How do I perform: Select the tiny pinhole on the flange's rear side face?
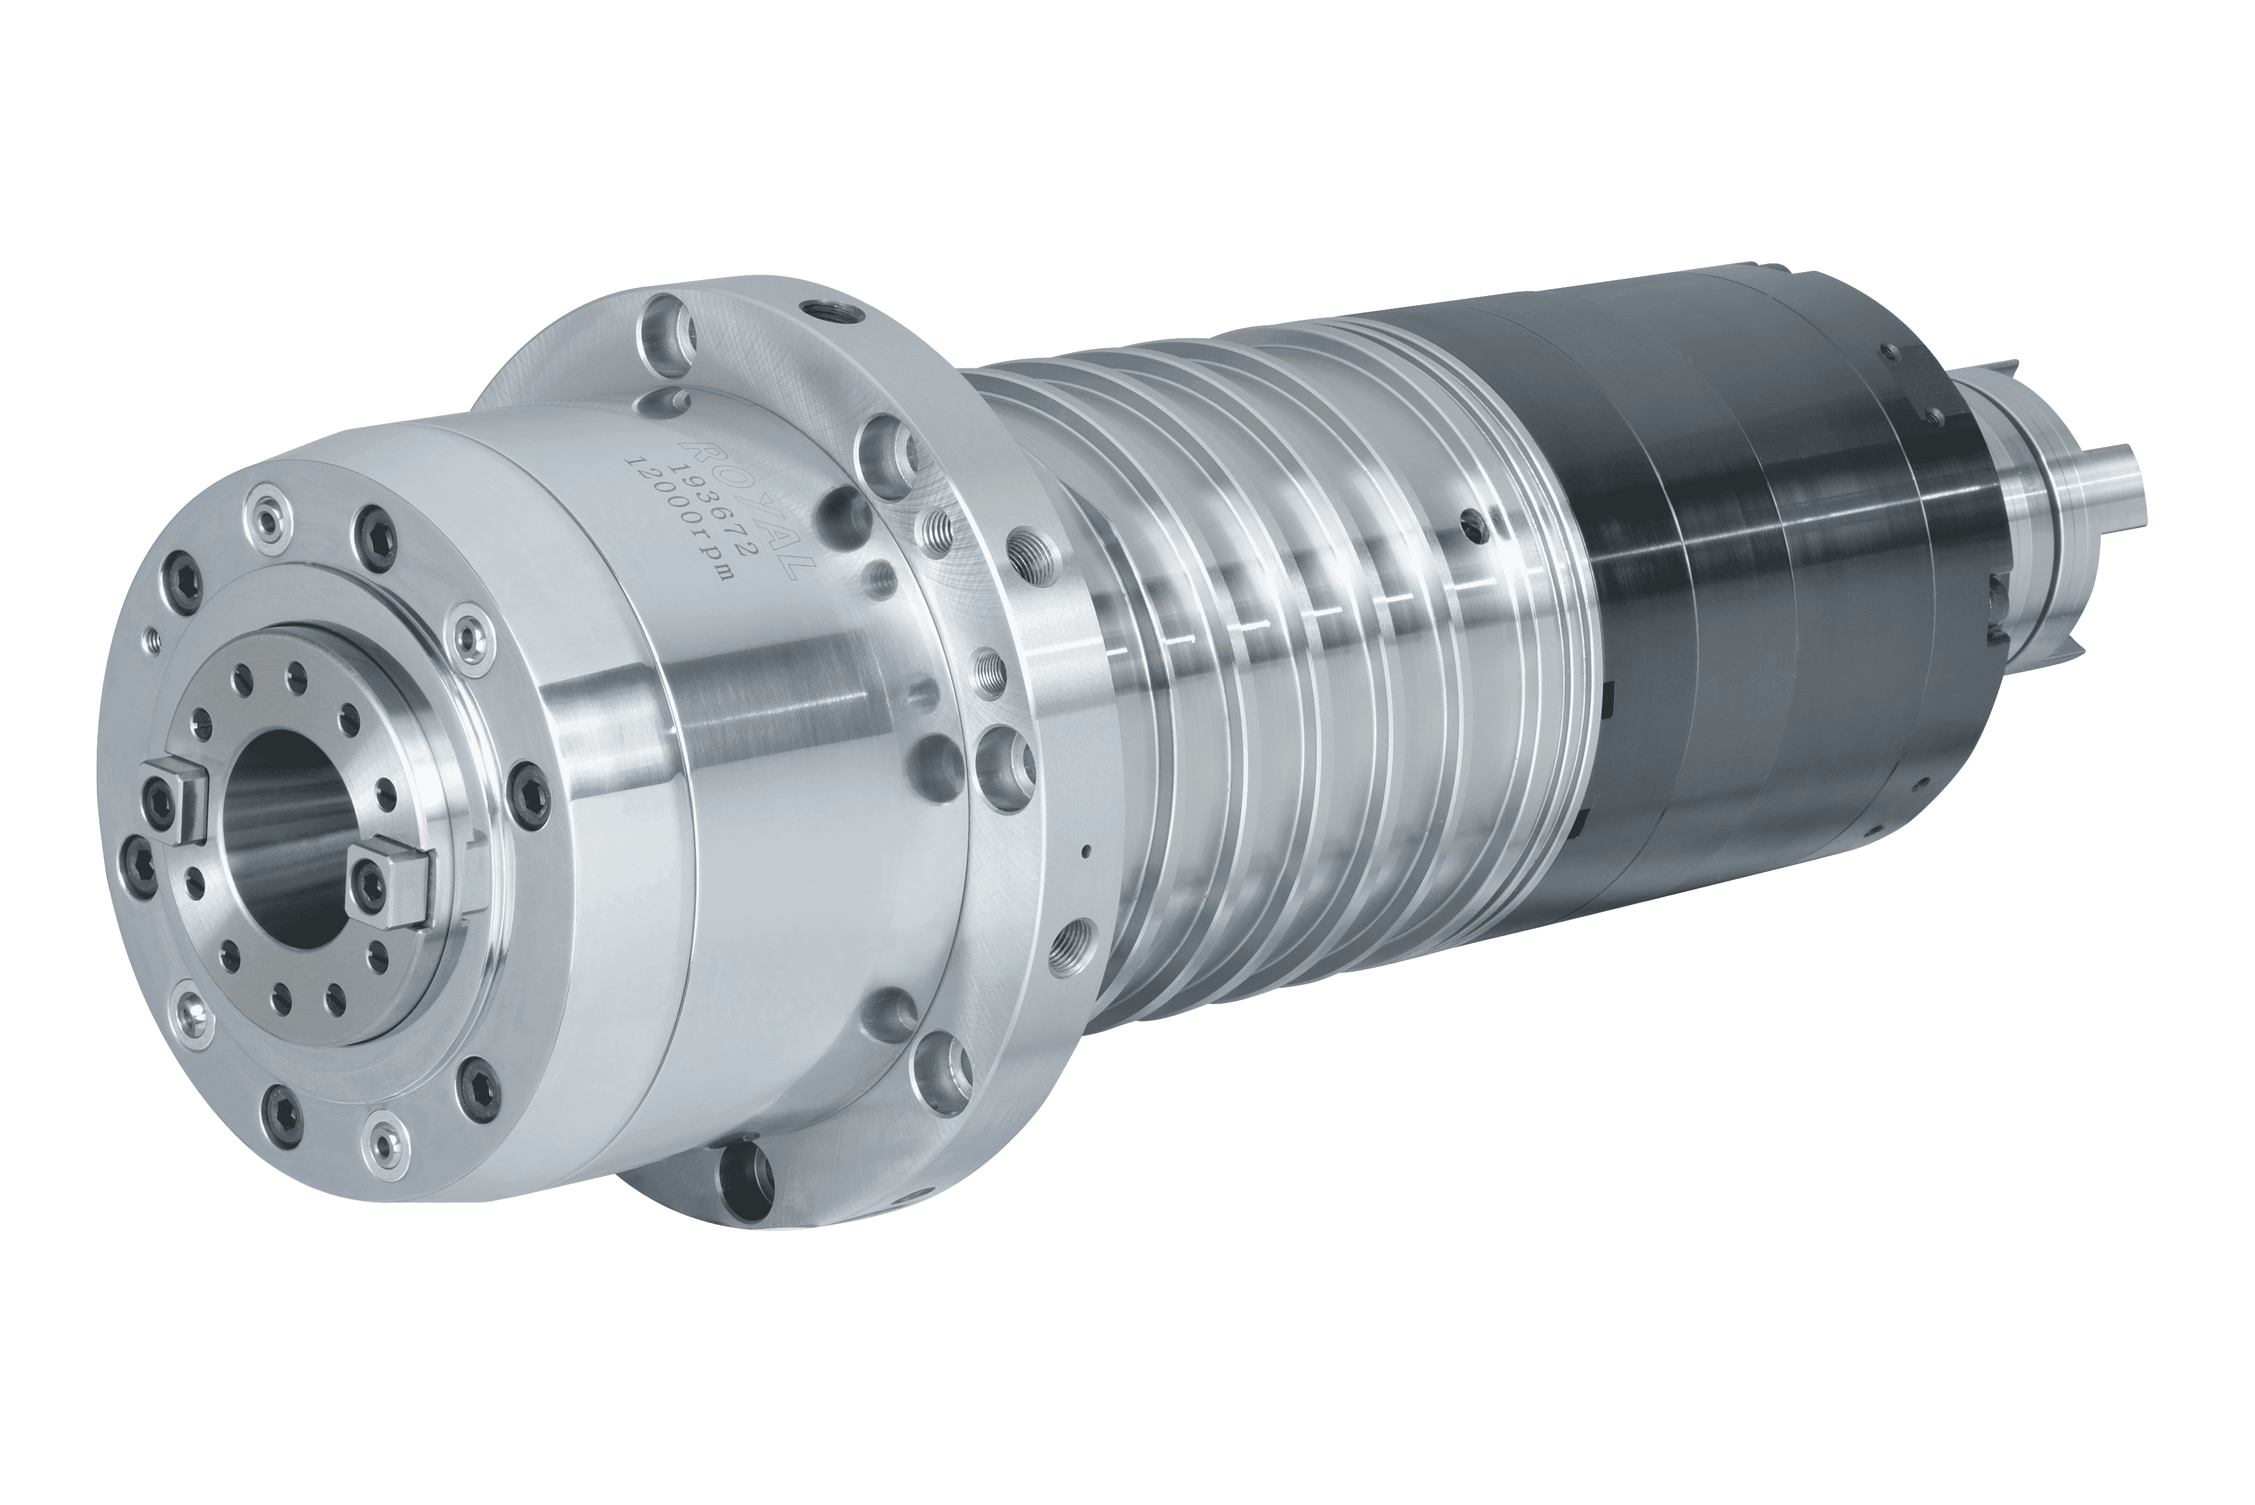(x=1085, y=849)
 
